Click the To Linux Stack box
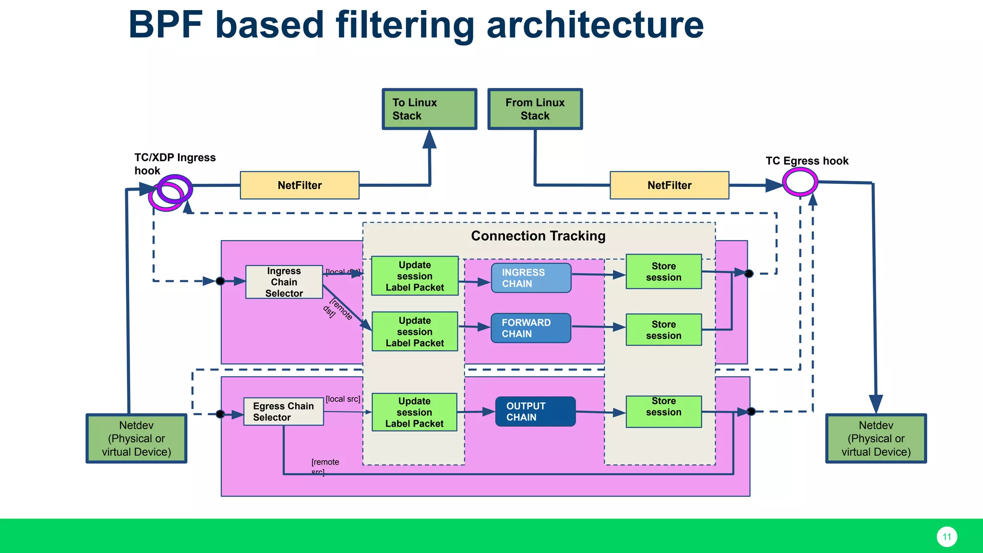pyautogui.click(x=429, y=109)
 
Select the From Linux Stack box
pyautogui.click(x=535, y=109)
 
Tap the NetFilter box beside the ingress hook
pyautogui.click(x=300, y=185)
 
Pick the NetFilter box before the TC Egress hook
pyautogui.click(x=669, y=185)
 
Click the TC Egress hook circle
pyautogui.click(x=800, y=182)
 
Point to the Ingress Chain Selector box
pyautogui.click(x=284, y=282)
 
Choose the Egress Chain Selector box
pyautogui.click(x=283, y=411)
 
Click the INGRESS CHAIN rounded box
pyautogui.click(x=531, y=278)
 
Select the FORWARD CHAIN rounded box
pyautogui.click(x=531, y=328)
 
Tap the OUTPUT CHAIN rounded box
pyautogui.click(x=535, y=411)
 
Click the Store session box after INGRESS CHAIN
pyautogui.click(x=663, y=272)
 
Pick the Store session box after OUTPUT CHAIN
pyautogui.click(x=663, y=411)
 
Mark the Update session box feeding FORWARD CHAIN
pyautogui.click(x=415, y=332)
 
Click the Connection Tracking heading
pyautogui.click(x=538, y=236)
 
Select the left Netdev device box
pyautogui.click(x=136, y=438)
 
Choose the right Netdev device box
pyautogui.click(x=875, y=438)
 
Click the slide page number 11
pyautogui.click(x=947, y=537)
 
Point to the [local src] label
pyautogui.click(x=343, y=399)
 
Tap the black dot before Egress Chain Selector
pyautogui.click(x=220, y=414)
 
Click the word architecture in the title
pyautogui.click(x=595, y=25)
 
